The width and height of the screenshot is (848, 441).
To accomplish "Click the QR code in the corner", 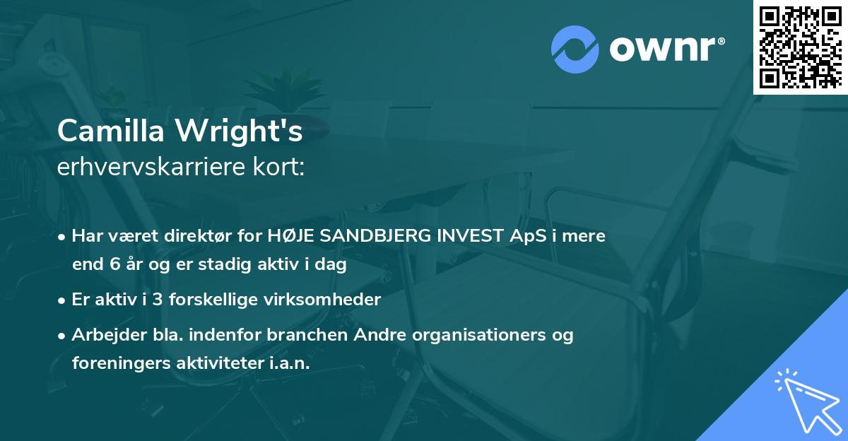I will (801, 47).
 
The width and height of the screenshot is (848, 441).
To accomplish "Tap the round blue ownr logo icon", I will (575, 49).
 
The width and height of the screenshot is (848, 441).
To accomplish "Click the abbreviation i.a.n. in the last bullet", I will (289, 363).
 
